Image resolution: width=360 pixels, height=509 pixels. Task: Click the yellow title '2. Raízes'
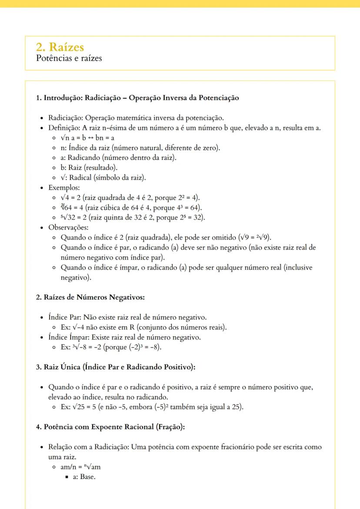[x=60, y=47]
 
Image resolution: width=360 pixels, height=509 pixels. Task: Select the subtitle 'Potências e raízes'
[x=69, y=58]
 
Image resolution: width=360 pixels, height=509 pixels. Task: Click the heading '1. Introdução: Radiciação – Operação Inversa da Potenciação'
[x=137, y=98]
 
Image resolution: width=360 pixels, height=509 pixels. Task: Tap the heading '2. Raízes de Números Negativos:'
[x=90, y=297]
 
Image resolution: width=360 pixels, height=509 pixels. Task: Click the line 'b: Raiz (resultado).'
[x=83, y=167]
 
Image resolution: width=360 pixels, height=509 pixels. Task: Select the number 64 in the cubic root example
[x=69, y=208]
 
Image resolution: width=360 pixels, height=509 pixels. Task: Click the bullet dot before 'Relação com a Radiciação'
[x=41, y=448]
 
